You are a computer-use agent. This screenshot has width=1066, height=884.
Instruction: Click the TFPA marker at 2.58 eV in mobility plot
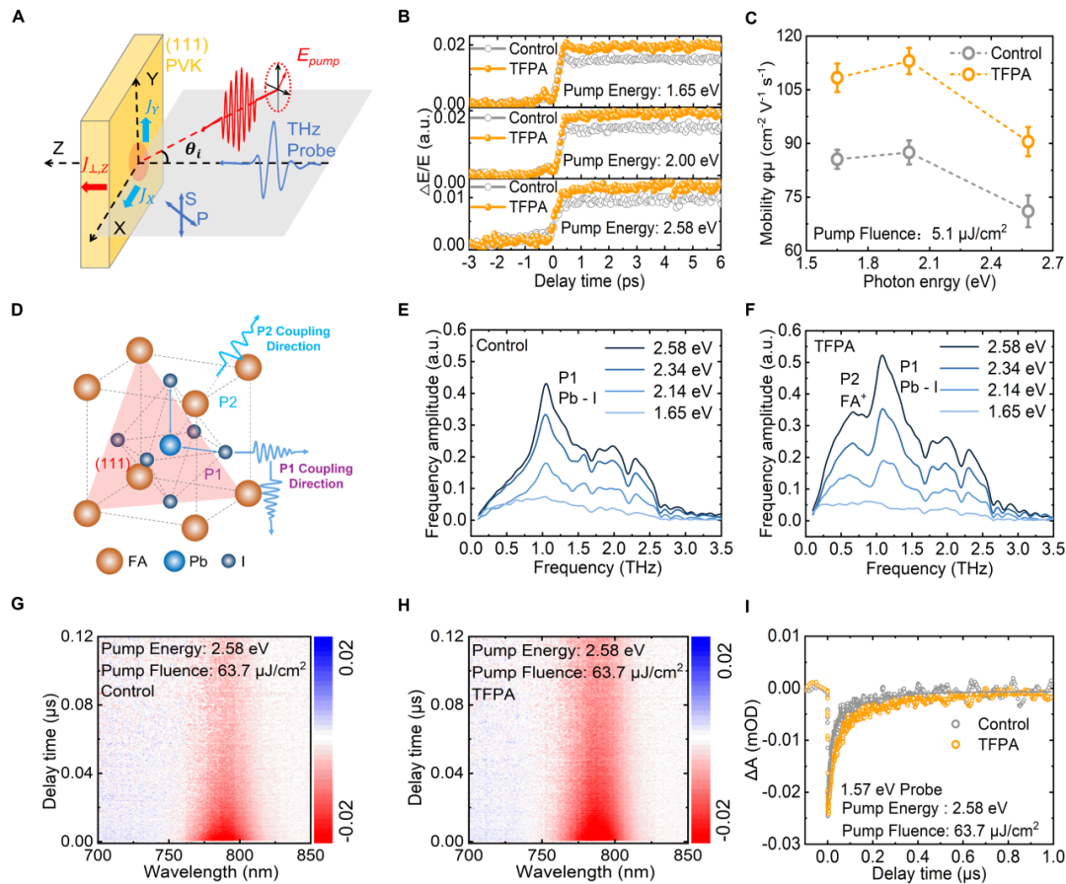[1028, 141]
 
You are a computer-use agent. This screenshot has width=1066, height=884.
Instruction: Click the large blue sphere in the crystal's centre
[172, 447]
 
